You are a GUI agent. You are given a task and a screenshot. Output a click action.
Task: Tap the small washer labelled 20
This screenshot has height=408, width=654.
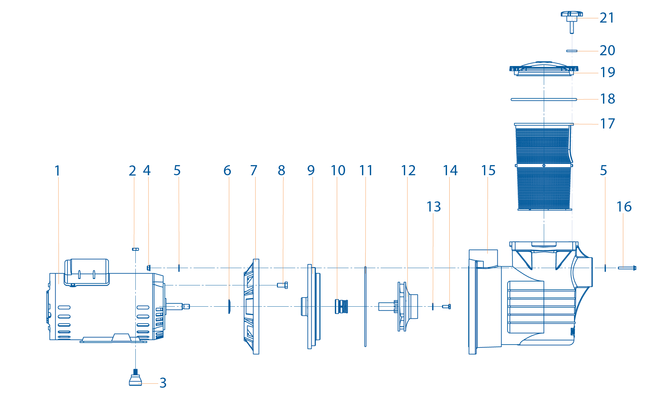coord(572,51)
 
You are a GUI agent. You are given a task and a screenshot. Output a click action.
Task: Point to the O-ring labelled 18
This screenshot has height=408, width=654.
coord(544,99)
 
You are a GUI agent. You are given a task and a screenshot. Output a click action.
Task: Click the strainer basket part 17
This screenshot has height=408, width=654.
coord(543,167)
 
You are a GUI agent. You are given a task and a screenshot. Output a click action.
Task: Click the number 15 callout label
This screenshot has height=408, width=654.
coord(488,171)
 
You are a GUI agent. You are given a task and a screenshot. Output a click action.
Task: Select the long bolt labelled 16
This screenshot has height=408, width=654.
coord(626,268)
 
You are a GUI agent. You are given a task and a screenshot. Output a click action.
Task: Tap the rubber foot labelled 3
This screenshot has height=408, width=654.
coord(135,380)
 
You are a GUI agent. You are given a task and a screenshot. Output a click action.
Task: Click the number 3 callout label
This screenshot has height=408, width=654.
coord(163,383)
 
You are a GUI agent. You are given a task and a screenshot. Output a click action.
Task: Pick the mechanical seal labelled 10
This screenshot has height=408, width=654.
coord(341,306)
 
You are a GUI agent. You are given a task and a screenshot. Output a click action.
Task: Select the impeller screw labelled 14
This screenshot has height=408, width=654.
coord(446,306)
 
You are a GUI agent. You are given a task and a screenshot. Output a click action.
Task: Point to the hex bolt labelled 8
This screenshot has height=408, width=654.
coord(282,285)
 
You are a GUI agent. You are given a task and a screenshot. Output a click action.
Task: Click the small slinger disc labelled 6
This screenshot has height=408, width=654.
coord(229,306)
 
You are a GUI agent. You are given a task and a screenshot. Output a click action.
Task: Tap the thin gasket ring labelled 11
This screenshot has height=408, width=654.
coord(365,306)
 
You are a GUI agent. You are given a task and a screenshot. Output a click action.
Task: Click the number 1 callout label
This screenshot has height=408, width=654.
coord(58,171)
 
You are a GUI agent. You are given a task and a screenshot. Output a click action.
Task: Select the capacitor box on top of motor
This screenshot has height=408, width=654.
coord(87,271)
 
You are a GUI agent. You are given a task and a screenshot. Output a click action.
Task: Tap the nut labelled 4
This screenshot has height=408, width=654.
coord(149,268)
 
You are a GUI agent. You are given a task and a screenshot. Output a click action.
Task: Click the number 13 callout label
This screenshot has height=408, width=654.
coord(434,207)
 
